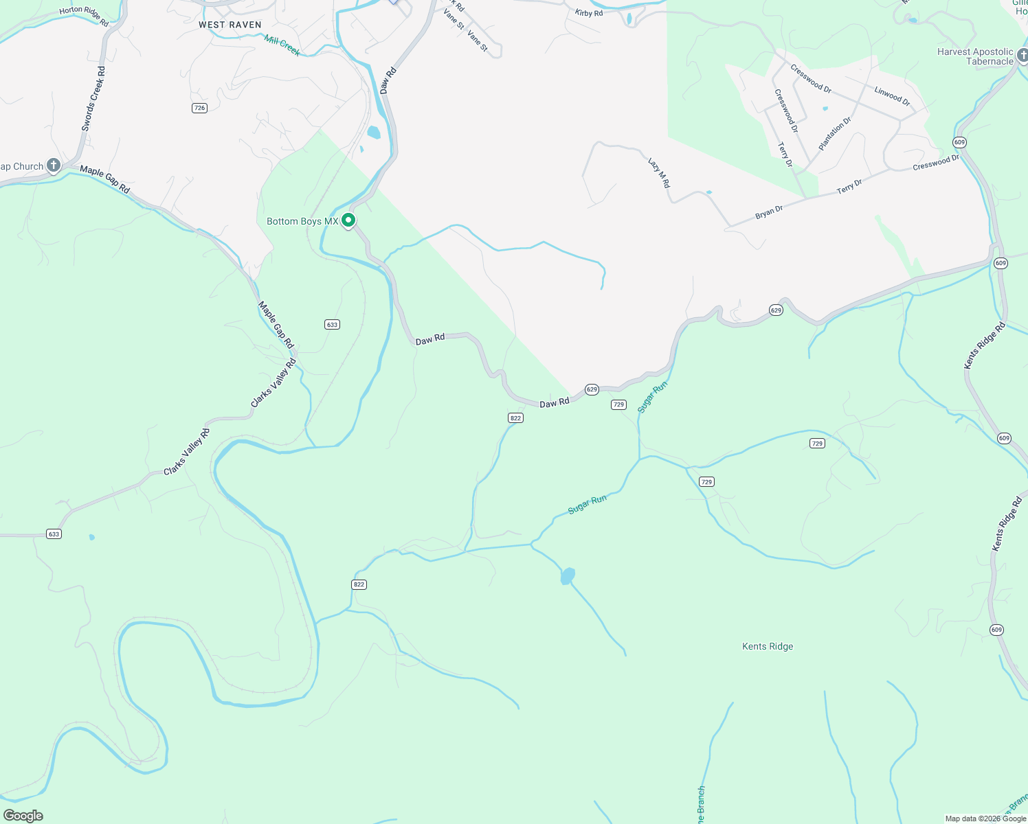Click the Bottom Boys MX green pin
pyautogui.click(x=348, y=220)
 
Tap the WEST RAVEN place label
pyautogui.click(x=230, y=25)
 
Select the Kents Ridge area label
pyautogui.click(x=768, y=646)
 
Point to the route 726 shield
pyautogui.click(x=199, y=108)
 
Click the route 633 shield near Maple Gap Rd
pyautogui.click(x=333, y=324)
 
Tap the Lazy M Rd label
pyautogui.click(x=658, y=172)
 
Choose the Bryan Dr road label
pyautogui.click(x=769, y=213)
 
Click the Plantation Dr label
pyautogui.click(x=834, y=134)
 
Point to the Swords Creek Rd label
pyautogui.click(x=93, y=99)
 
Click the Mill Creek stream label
pyautogui.click(x=282, y=46)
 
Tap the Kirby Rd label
pyautogui.click(x=589, y=13)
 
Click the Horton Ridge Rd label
pyautogui.click(x=84, y=16)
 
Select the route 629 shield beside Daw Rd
pyautogui.click(x=592, y=389)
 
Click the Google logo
pyautogui.click(x=23, y=816)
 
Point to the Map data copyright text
pyautogui.click(x=985, y=819)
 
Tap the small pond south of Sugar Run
pyautogui.click(x=567, y=576)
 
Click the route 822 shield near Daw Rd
pyautogui.click(x=516, y=417)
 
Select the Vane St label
pyautogui.click(x=478, y=41)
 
